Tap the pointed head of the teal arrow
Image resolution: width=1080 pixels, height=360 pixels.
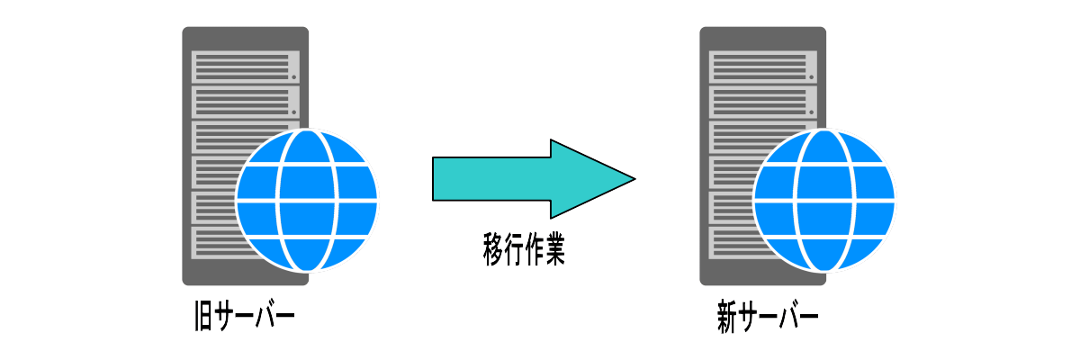(x=612, y=179)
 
